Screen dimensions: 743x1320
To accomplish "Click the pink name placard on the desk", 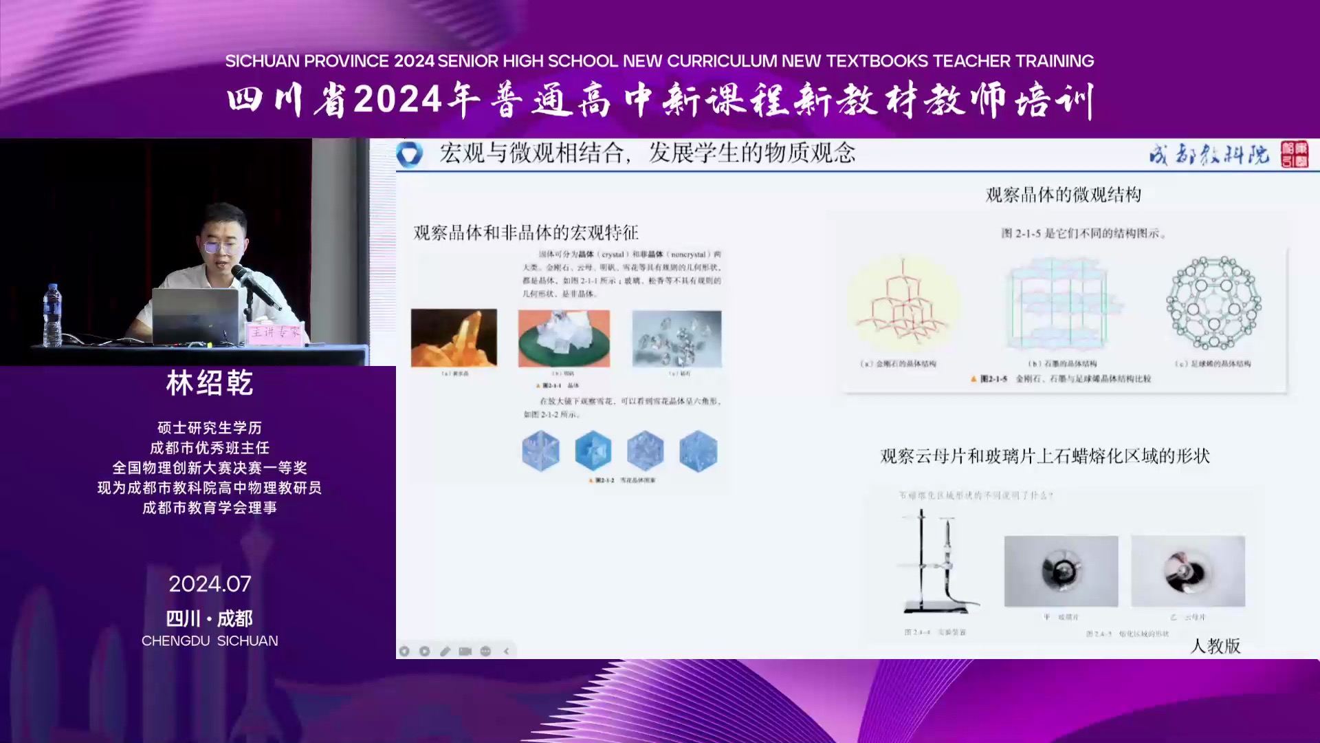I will (274, 333).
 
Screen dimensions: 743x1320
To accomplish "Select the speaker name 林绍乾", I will (210, 383).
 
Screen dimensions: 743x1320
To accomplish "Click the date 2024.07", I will (210, 584).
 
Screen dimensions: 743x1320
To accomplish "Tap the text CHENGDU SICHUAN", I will (210, 640).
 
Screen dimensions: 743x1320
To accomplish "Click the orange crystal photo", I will (454, 338).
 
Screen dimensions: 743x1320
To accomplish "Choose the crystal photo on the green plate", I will (564, 338).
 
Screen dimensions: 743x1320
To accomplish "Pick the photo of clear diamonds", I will (676, 338).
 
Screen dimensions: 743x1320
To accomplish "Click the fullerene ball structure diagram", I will (1213, 303).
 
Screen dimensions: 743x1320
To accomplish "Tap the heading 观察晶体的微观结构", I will (1063, 195).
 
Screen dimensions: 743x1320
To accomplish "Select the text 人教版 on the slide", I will (1215, 645).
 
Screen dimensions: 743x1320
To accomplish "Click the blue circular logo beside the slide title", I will (410, 153).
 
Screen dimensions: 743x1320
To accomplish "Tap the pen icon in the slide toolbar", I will (445, 651).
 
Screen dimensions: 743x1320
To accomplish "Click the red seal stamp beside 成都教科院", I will (1294, 154).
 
